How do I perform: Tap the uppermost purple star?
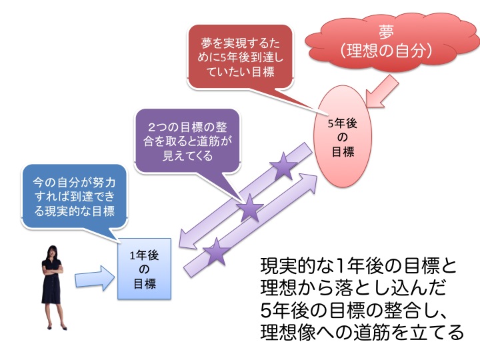[x=283, y=167]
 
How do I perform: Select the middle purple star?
[x=250, y=208]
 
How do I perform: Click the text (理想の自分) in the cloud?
[x=386, y=50]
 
